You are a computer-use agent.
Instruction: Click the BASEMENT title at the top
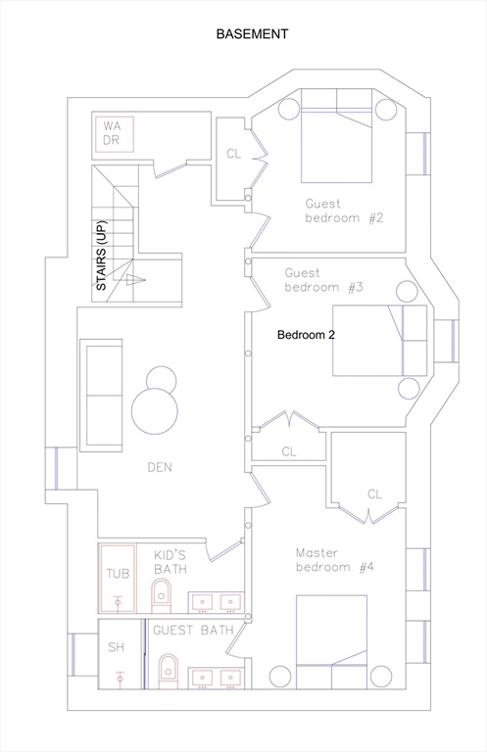pyautogui.click(x=252, y=34)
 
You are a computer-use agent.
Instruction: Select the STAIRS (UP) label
pyautogui.click(x=102, y=256)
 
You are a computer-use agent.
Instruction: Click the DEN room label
pyautogui.click(x=160, y=467)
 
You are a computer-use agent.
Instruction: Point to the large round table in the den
pyautogui.click(x=155, y=411)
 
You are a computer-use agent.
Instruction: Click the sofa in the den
pyautogui.click(x=101, y=396)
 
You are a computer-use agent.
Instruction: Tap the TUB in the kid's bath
pyautogui.click(x=118, y=578)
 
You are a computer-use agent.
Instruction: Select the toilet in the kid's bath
pyautogui.click(x=162, y=595)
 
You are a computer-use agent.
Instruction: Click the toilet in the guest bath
pyautogui.click(x=168, y=672)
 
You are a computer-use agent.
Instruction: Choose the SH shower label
pyautogui.click(x=116, y=647)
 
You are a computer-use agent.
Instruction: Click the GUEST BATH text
pyautogui.click(x=193, y=631)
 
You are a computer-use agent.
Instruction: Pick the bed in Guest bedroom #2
pyautogui.click(x=336, y=136)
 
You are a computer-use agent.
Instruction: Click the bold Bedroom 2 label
pyautogui.click(x=306, y=335)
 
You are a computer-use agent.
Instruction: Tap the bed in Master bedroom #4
pyautogui.click(x=331, y=642)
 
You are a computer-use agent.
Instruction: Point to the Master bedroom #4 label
pyautogui.click(x=335, y=560)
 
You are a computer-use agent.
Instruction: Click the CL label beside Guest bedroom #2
pyautogui.click(x=233, y=154)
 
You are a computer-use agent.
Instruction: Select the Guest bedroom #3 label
pyautogui.click(x=324, y=280)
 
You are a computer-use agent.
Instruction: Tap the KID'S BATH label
pyautogui.click(x=170, y=563)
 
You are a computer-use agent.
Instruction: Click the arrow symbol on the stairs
pyautogui.click(x=135, y=281)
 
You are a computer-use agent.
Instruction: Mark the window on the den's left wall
pyautogui.click(x=56, y=468)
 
